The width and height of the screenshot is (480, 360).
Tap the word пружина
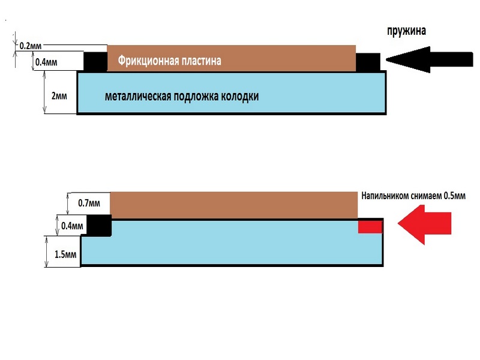click(406, 31)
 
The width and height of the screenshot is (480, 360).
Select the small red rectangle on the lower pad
click(370, 226)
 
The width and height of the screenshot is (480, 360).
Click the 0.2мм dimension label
click(29, 46)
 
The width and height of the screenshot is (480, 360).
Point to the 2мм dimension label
click(58, 95)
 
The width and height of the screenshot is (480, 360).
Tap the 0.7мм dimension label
click(89, 203)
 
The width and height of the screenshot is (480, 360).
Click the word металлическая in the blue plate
click(137, 96)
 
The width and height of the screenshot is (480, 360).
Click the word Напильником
click(385, 196)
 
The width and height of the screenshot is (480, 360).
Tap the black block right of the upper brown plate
click(367, 61)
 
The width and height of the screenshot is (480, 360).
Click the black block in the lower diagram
click(99, 224)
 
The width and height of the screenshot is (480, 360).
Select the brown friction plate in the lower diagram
click(234, 205)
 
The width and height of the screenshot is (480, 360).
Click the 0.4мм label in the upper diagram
click(46, 62)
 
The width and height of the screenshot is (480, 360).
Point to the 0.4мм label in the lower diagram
click(72, 226)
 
